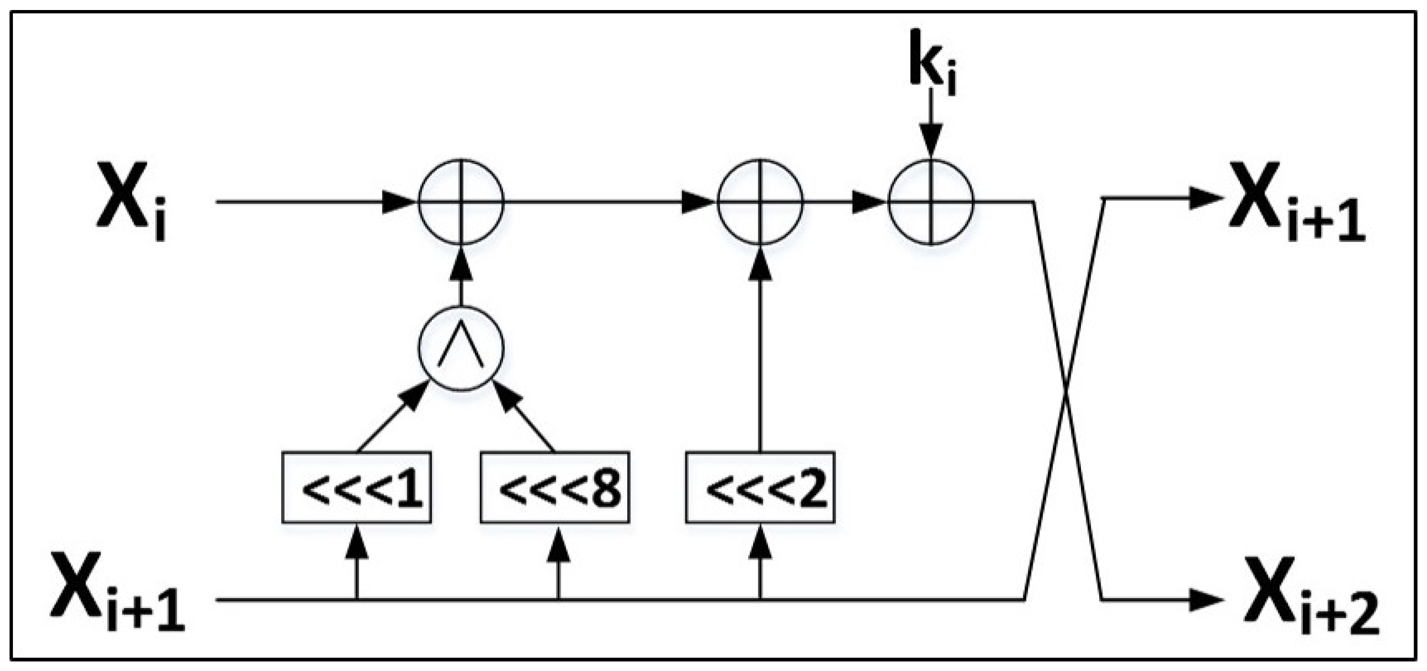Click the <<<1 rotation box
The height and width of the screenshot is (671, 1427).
point(356,488)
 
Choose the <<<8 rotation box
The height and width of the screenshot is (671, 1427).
point(555,488)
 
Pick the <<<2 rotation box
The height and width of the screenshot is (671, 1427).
point(760,488)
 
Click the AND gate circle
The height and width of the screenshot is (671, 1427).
point(461,348)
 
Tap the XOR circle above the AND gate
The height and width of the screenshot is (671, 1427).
point(461,202)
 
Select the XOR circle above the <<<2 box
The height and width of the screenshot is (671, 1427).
point(760,202)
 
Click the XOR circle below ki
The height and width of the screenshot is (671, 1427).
point(931,202)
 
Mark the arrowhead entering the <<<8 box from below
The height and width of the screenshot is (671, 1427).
point(558,540)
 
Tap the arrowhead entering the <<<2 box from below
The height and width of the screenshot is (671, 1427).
point(760,540)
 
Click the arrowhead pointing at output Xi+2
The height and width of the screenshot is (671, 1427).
point(1205,599)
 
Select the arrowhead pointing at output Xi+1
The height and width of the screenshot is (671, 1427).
point(1205,199)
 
